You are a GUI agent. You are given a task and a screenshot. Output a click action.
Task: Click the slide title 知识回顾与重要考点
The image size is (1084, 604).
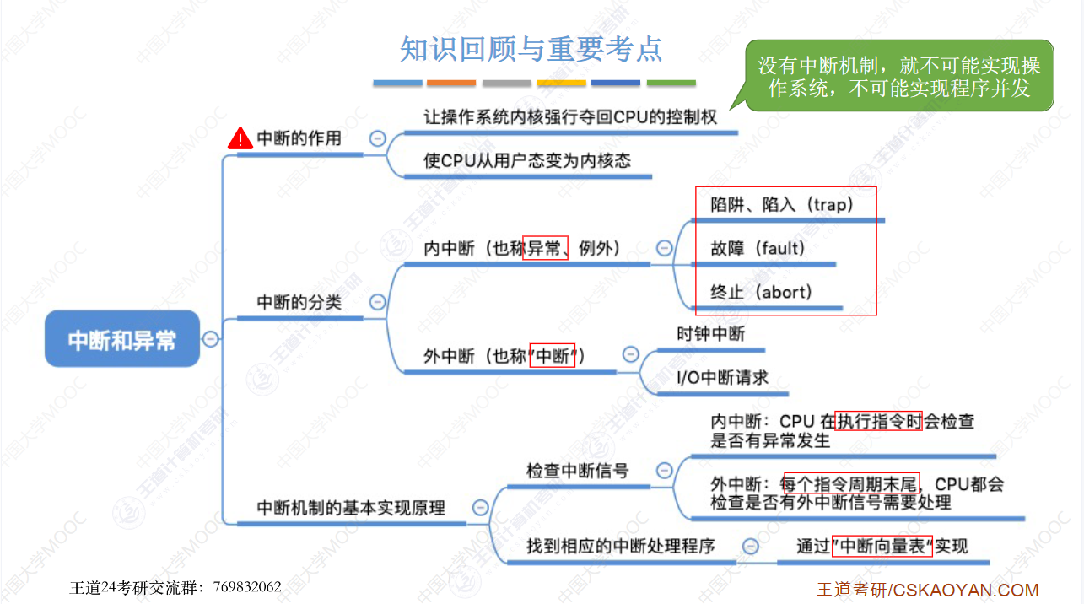531,49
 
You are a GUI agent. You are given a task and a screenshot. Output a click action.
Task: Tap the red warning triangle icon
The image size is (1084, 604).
240,138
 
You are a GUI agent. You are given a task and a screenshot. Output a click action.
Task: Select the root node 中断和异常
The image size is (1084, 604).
122,339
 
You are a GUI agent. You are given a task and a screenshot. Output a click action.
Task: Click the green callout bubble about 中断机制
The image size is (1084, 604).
899,76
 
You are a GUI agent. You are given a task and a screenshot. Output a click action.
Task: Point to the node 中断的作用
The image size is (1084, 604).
299,138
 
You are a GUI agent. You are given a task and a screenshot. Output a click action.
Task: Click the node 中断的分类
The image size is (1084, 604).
299,301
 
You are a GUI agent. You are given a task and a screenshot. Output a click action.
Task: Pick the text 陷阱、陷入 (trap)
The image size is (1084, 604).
782,204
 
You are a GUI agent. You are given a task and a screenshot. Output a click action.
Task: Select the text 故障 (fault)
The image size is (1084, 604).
758,248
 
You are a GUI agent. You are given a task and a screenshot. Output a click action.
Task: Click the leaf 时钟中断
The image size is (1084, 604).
711,334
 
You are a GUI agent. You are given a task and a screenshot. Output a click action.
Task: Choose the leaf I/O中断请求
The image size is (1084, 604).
722,378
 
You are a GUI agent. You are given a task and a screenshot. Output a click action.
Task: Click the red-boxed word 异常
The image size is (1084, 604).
545,248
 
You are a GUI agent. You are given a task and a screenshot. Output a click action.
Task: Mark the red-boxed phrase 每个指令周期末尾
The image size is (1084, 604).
851,484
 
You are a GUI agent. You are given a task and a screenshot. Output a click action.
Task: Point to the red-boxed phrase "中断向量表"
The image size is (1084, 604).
882,546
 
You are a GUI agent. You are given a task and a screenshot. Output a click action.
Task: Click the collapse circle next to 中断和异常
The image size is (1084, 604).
211,339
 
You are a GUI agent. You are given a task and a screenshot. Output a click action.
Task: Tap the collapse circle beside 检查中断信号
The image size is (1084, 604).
665,471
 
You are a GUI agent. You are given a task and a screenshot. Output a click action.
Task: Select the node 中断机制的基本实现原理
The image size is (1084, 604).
351,508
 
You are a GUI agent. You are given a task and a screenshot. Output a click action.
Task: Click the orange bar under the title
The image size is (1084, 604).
451,84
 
